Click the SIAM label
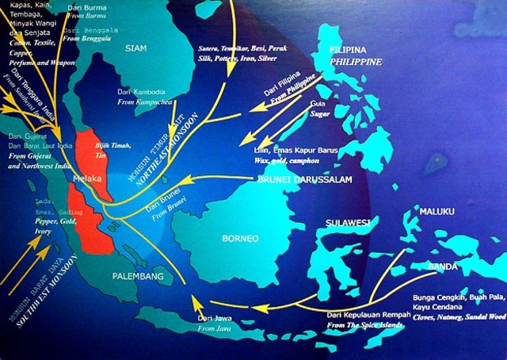137,48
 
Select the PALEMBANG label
137,277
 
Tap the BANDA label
444,266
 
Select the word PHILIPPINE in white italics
356,62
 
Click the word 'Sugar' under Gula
320,114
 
